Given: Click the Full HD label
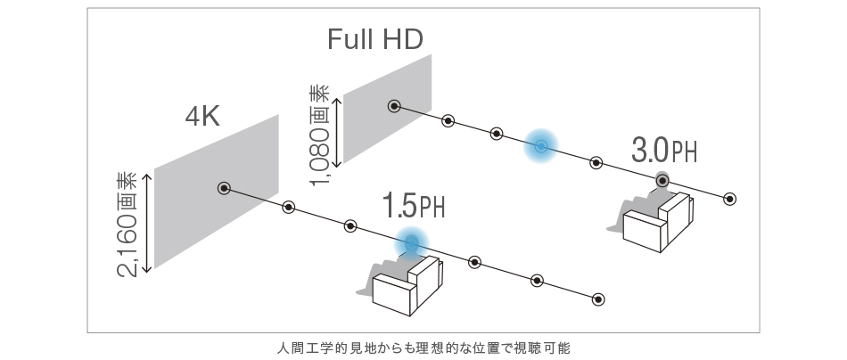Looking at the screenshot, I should (374, 38).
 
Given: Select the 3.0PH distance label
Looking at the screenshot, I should (663, 151).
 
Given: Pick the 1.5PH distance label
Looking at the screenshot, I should (413, 206).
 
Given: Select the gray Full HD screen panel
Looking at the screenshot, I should (388, 107).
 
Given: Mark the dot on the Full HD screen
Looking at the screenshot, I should (393, 106).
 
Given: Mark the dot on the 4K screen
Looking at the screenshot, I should (224, 188).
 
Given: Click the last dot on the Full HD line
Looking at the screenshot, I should (730, 198).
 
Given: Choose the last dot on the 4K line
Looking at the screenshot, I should (598, 298).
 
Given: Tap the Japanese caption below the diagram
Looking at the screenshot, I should (423, 347).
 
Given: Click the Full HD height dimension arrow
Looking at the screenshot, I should (337, 125).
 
